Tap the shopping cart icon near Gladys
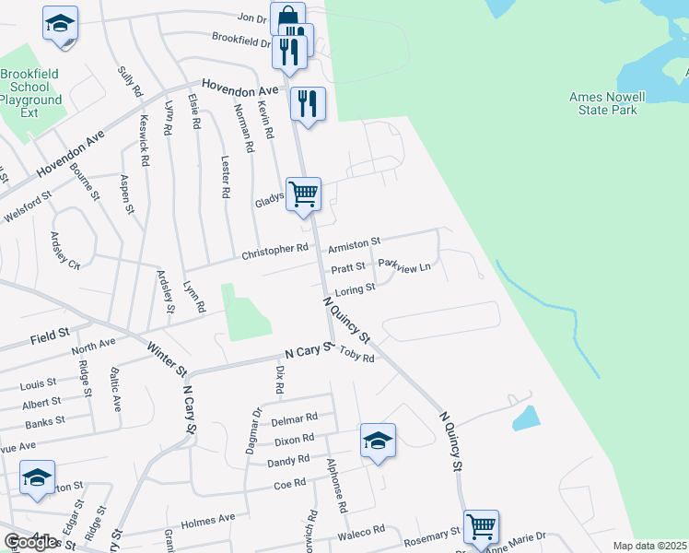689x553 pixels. tap(303, 194)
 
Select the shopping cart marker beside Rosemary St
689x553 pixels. tap(481, 527)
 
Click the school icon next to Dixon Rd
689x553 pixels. tap(378, 441)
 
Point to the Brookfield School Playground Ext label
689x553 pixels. tap(30, 93)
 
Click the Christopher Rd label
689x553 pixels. tap(274, 250)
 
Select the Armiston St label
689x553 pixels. tap(354, 244)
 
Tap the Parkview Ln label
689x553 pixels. tap(404, 266)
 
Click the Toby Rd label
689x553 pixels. tap(357, 354)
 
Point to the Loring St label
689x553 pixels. tap(356, 289)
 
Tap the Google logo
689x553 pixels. tap(31, 542)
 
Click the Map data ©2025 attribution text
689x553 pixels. tap(649, 546)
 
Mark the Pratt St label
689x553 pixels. tap(349, 270)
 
